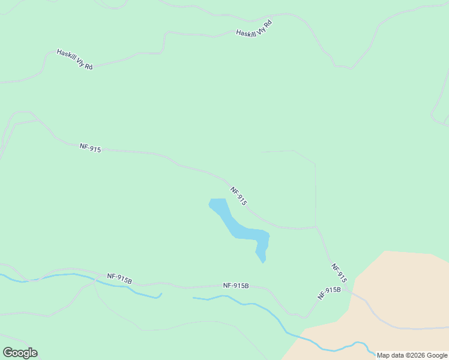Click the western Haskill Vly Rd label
[x=74, y=60]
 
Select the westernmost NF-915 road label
[x=90, y=148]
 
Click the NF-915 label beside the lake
[x=238, y=196]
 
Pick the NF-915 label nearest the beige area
[x=339, y=273]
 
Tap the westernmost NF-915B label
[x=119, y=278]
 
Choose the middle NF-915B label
[x=235, y=286]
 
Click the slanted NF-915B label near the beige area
[x=329, y=293]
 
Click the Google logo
[x=20, y=353]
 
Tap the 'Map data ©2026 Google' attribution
[x=412, y=355]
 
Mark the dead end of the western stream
[x=161, y=294]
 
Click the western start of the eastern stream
[x=193, y=297]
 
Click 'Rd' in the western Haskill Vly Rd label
[x=88, y=67]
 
